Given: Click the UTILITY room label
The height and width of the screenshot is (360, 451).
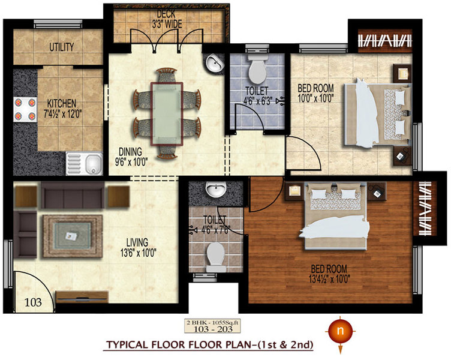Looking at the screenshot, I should pos(61,47).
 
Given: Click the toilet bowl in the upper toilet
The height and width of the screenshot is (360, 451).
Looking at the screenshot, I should pos(257,70).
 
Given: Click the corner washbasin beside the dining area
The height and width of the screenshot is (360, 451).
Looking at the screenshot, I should pos(214,63).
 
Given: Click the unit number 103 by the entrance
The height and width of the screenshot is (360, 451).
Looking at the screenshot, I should pos(33,302).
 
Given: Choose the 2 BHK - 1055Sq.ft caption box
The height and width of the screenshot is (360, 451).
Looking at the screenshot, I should pos(217,327).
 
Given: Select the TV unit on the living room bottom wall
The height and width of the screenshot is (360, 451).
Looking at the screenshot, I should pos(82,297).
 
